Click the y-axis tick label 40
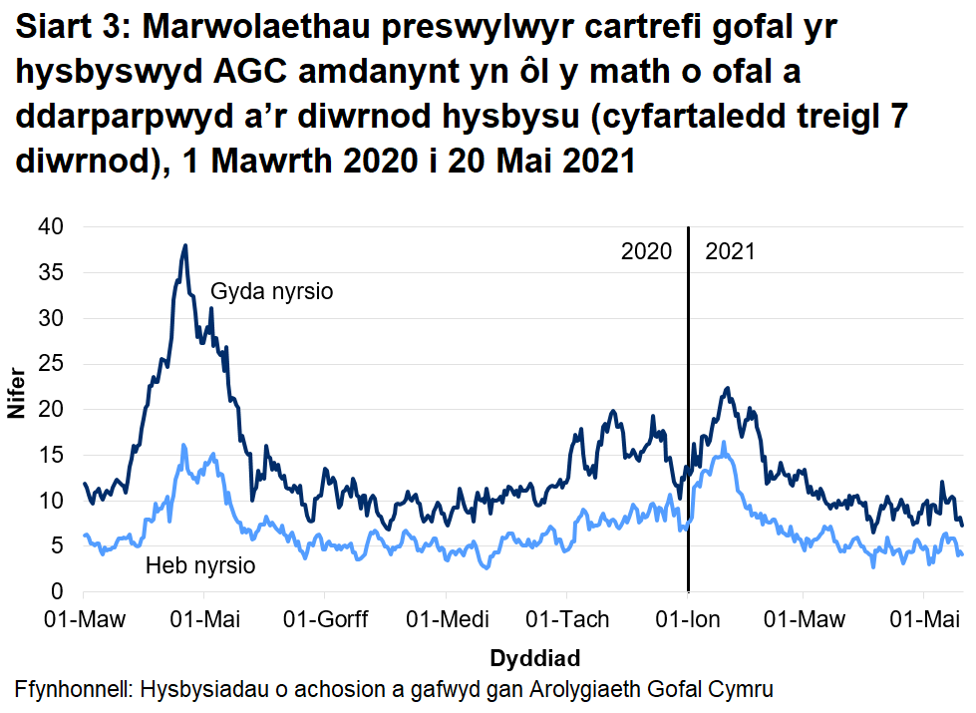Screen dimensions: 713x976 [x=50, y=227]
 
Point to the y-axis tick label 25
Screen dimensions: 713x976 [x=50, y=364]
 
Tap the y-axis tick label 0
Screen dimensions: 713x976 [x=57, y=592]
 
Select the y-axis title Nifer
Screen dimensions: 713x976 [x=16, y=410]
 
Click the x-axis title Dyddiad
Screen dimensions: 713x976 [x=534, y=658]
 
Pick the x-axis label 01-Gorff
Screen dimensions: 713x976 [x=326, y=620]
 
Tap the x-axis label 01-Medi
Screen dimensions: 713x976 [x=446, y=620]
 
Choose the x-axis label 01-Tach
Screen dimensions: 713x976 [x=566, y=620]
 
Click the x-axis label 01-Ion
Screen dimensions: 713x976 [x=688, y=620]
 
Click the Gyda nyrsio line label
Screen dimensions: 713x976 [x=271, y=292]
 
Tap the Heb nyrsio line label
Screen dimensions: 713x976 [x=200, y=566]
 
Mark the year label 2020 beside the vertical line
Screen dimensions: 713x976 [x=647, y=251]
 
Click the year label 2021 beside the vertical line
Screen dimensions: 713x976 [x=730, y=251]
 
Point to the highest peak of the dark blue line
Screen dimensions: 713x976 [x=184, y=245]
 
